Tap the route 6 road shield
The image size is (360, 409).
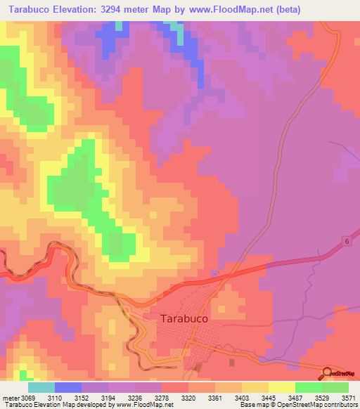pyautogui.click(x=347, y=241)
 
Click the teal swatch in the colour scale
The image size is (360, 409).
pyautogui.click(x=41, y=387)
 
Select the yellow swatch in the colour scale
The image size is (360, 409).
pyautogui.click(x=281, y=387)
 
